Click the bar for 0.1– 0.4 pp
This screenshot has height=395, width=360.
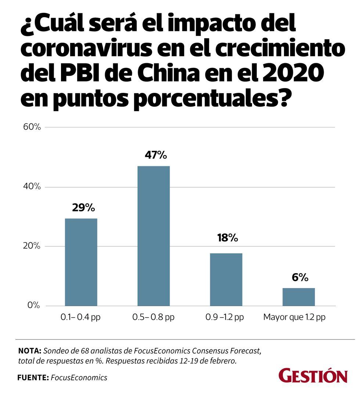[81, 262]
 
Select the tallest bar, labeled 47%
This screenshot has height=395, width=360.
[154, 236]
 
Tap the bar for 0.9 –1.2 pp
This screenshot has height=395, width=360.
[226, 279]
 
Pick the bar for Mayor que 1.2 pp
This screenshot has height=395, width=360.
[299, 297]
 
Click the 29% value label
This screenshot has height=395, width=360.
[83, 208]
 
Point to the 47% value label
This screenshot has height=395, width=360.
[156, 155]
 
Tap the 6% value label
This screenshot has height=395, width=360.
[300, 278]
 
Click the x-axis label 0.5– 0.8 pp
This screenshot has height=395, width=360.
[153, 317]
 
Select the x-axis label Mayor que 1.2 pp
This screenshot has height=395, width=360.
[294, 317]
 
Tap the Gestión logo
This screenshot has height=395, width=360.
[313, 376]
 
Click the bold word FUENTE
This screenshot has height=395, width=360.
[32, 377]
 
